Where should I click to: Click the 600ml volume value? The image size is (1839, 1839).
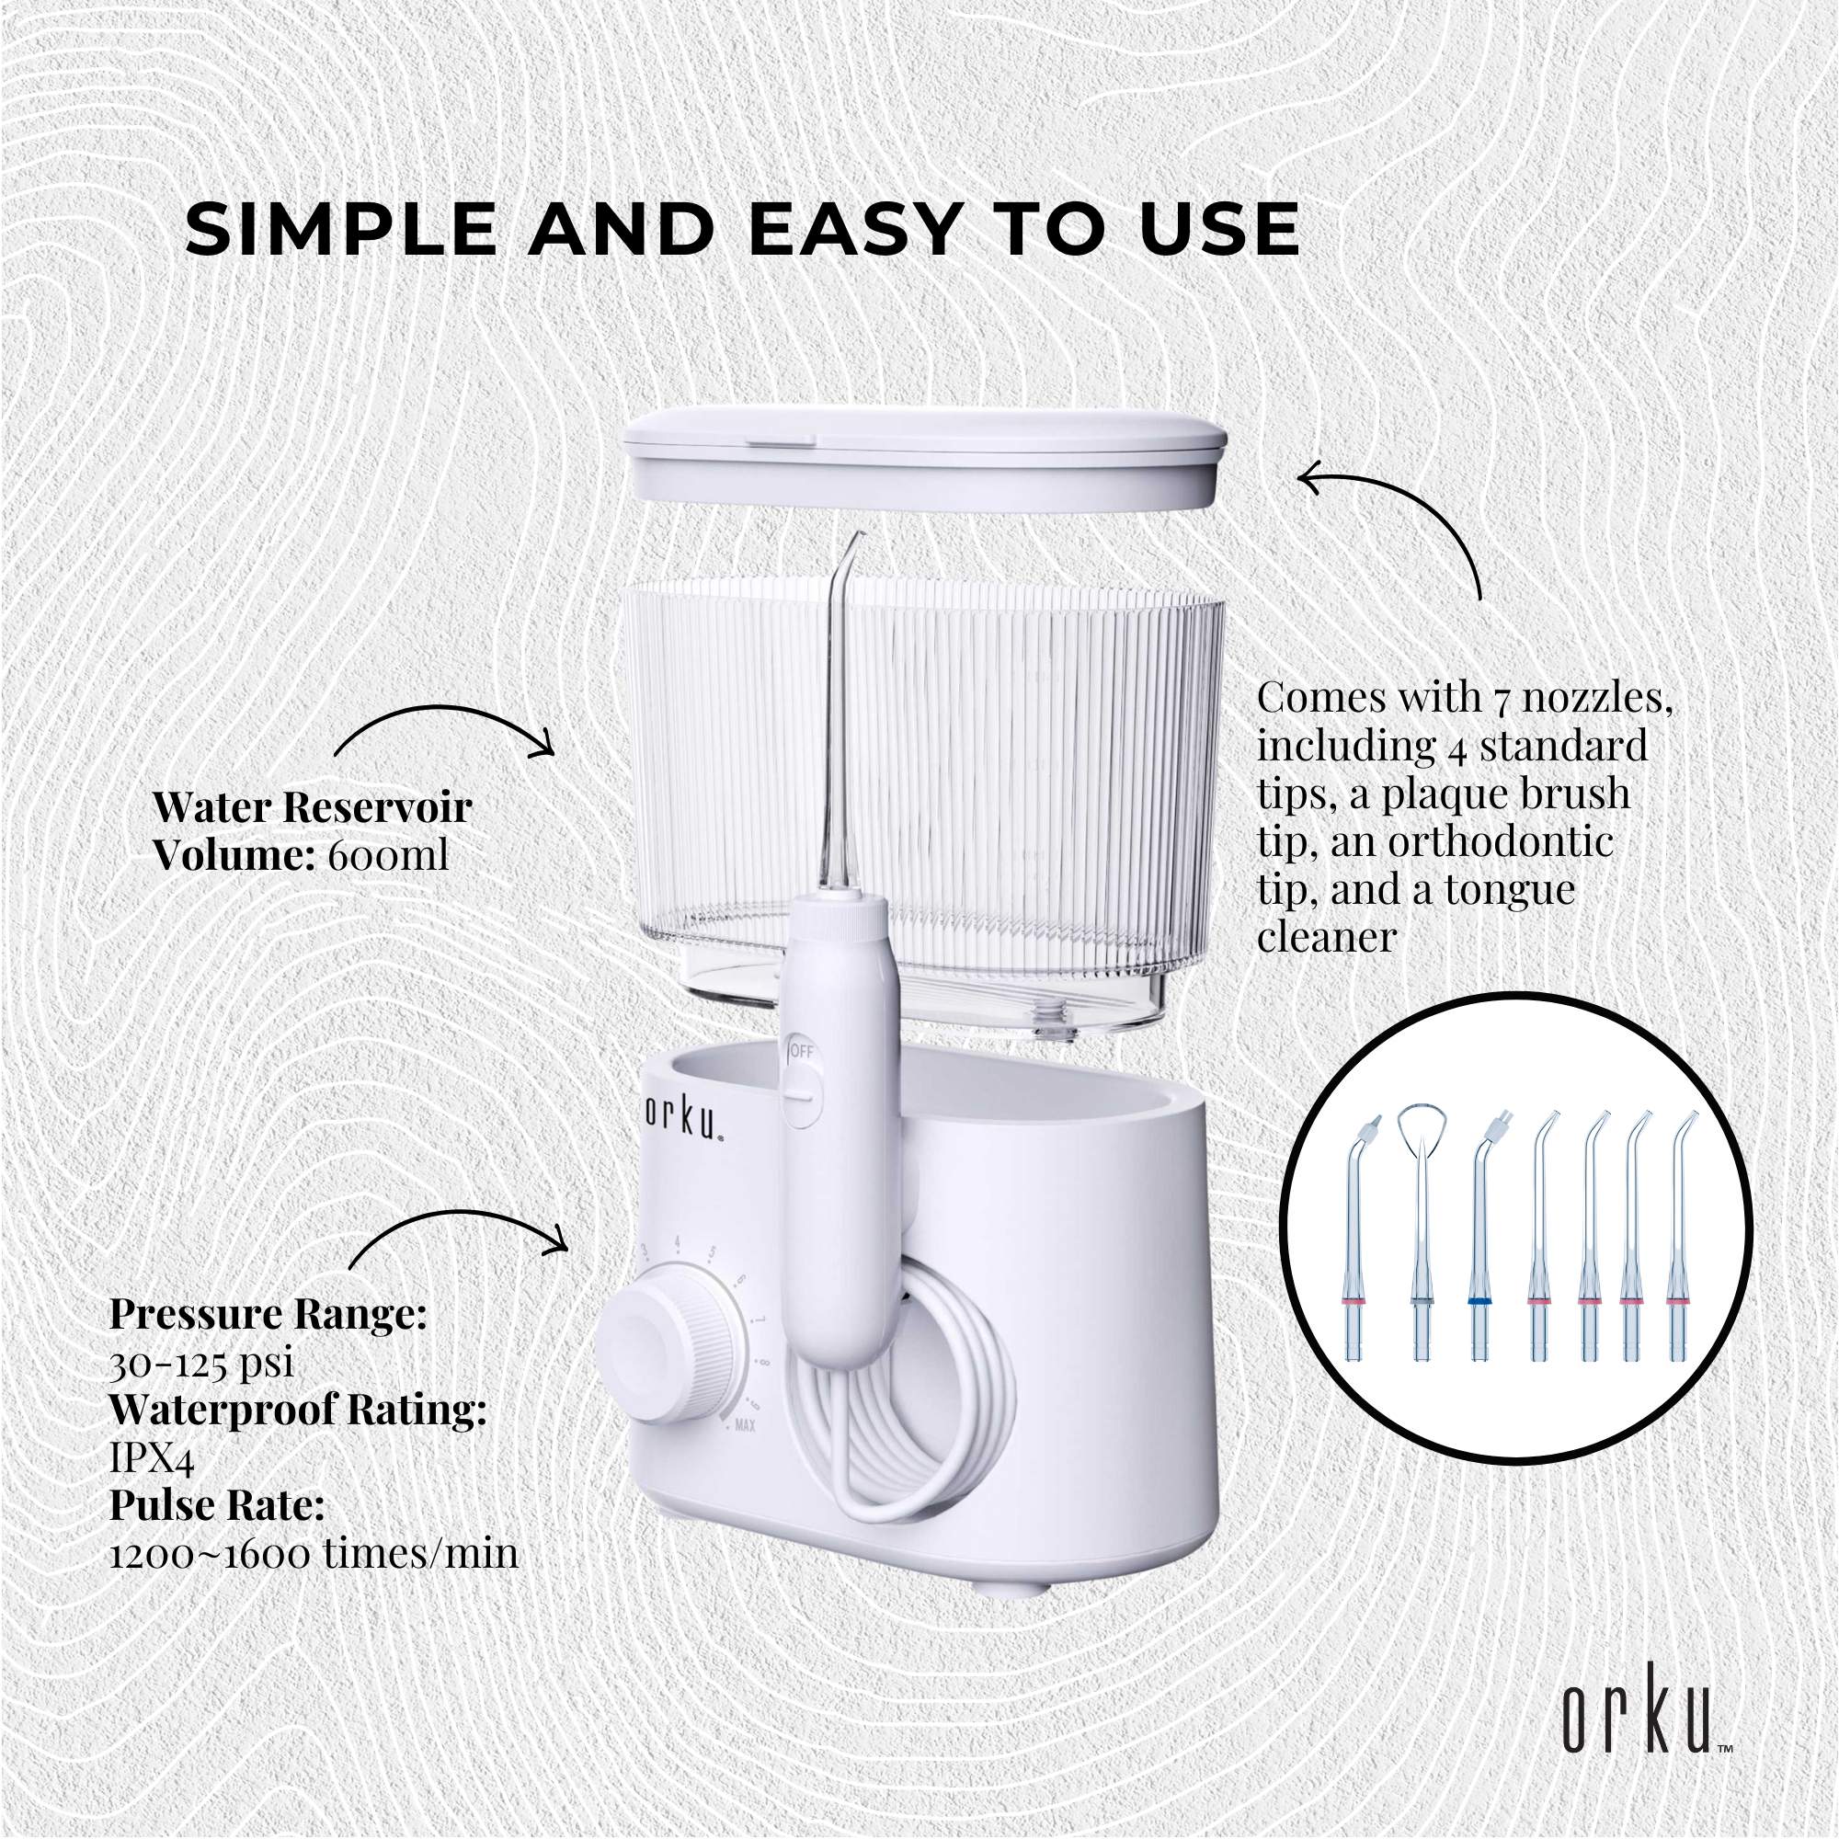pyautogui.click(x=387, y=857)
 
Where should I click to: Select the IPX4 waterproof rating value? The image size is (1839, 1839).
pyautogui.click(x=153, y=1459)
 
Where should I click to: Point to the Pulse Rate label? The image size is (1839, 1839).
pyautogui.click(x=217, y=1507)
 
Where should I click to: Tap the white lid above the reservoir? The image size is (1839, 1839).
pyautogui.click(x=920, y=453)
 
